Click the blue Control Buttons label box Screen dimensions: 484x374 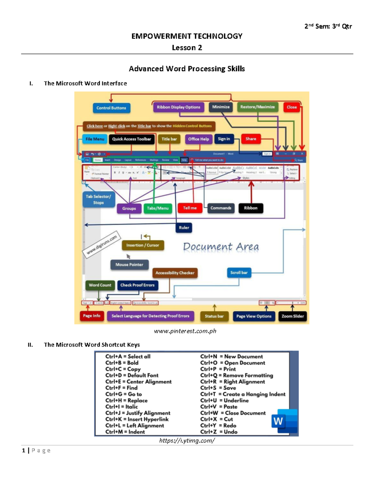coord(111,108)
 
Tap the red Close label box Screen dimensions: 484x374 coord(292,107)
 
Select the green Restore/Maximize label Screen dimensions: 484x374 coord(257,107)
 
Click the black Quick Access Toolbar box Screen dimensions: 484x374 coord(132,139)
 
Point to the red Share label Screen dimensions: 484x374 coord(251,139)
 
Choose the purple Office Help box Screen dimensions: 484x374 coord(199,139)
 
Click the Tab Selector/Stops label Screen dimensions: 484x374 coord(98,199)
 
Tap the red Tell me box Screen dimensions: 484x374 coord(190,208)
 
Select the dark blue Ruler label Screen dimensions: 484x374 coord(184,228)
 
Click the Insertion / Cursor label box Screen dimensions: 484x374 coord(143,245)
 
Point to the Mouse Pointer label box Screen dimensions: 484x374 coord(129,265)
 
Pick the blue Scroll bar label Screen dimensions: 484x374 coord(239,273)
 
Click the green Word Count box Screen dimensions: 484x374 coord(100,285)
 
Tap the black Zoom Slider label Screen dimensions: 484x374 coord(293,316)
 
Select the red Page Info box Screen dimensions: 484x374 coord(92,316)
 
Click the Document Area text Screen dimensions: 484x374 coord(221,247)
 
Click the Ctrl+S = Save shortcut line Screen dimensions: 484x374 coord(218,388)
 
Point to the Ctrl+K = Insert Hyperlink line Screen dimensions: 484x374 coord(137,419)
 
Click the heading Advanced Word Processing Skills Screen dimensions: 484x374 coord(187,69)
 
